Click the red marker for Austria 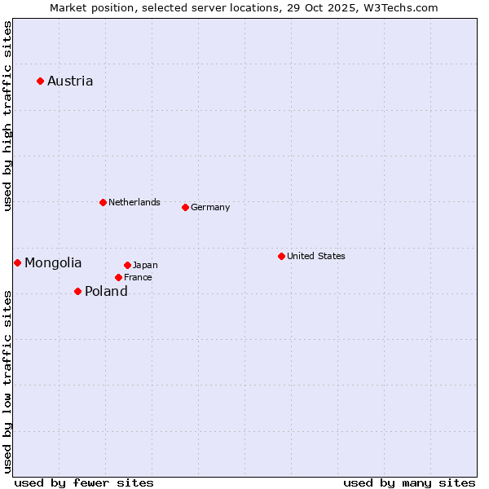(x=40, y=81)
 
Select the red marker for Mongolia (x=17, y=262)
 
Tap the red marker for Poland (x=77, y=291)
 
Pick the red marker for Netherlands (x=103, y=202)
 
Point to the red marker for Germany (x=185, y=207)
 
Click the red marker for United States (x=281, y=256)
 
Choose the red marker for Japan (x=127, y=265)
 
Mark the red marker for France (x=118, y=277)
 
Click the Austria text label (x=70, y=81)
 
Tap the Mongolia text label (x=53, y=262)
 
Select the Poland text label (x=106, y=291)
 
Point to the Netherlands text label (x=134, y=202)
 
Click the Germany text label (x=210, y=207)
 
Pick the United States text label (x=316, y=256)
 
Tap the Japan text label (x=145, y=265)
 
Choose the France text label (x=138, y=277)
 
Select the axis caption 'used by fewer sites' (x=84, y=482)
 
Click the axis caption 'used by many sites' (x=409, y=482)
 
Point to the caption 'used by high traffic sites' (x=7, y=116)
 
